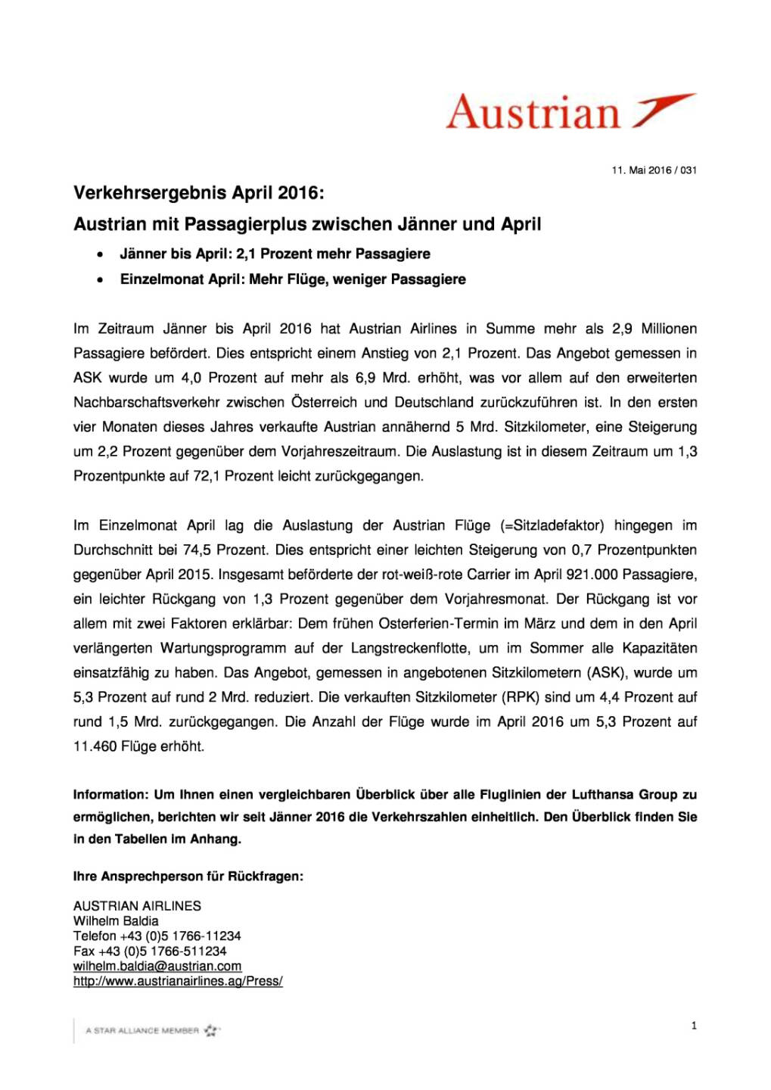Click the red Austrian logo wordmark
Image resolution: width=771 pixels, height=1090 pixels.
coord(533,113)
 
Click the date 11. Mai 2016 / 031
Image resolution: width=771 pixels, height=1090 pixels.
coord(654,170)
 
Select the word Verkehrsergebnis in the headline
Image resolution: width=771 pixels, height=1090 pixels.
coord(150,193)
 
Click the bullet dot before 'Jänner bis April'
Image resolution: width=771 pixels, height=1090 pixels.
coord(100,254)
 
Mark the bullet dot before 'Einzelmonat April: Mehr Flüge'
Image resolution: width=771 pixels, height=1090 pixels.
coord(100,280)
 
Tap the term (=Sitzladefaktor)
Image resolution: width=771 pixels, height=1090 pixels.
coord(552,526)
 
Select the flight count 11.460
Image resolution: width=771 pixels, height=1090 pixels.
coord(95,747)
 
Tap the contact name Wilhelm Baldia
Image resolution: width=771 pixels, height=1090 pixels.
coord(116,921)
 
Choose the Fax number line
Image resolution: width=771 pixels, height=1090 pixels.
coord(150,951)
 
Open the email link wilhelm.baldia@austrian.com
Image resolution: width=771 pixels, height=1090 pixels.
coord(157,967)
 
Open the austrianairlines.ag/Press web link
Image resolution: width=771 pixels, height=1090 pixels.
coord(178,982)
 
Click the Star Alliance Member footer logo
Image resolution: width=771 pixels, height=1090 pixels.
coord(151,1031)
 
